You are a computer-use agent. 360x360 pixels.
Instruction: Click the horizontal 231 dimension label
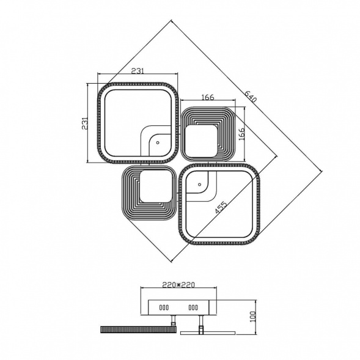138,71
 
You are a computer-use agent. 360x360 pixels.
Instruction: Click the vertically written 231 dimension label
85,123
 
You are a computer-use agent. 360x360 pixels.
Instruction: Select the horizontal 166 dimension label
208,97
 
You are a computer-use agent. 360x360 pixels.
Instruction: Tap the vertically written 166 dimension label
242,134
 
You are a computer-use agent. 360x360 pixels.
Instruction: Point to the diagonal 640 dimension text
250,97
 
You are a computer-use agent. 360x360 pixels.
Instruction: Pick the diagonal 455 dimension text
221,207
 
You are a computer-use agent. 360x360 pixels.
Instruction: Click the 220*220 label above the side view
178,285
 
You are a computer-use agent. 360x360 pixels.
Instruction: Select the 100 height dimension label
252,317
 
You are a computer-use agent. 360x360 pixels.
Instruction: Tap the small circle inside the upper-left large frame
158,142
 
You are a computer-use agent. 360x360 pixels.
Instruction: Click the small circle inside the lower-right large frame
199,185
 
